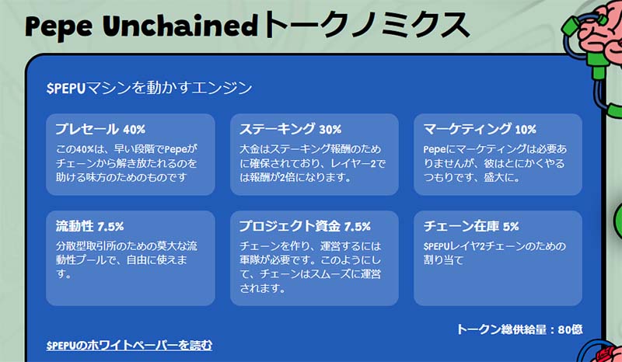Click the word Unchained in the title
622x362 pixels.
point(180,25)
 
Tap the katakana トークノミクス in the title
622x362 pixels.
point(365,25)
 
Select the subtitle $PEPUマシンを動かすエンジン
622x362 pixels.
point(149,88)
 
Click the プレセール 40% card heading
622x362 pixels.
point(100,129)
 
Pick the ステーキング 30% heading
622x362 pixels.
point(290,129)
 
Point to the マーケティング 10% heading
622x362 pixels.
point(480,129)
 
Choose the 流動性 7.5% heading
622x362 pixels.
point(89,226)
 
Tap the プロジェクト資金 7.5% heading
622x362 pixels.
point(305,226)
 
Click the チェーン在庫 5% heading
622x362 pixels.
point(471,226)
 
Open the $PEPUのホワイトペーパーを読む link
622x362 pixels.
point(129,345)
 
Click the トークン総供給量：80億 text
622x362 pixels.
point(519,329)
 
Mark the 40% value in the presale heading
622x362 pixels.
point(134,129)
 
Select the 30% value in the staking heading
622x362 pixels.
point(330,129)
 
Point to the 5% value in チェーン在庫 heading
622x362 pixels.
point(511,226)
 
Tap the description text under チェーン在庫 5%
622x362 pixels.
point(494,253)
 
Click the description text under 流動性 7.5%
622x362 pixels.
point(127,259)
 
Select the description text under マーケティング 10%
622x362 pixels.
point(495,163)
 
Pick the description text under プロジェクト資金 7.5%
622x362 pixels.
point(310,267)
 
